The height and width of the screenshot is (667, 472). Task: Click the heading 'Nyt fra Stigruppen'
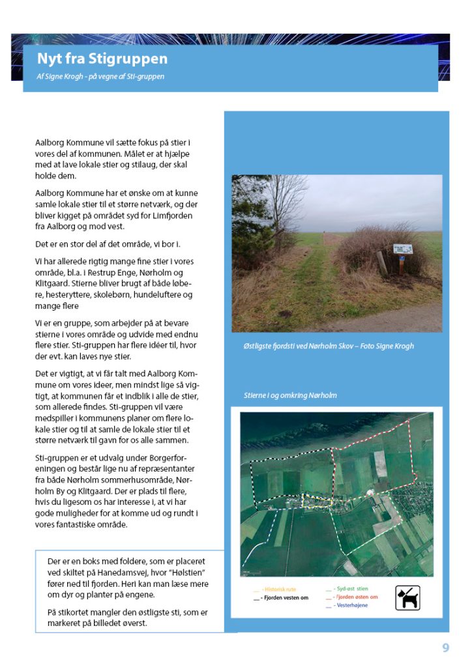pyautogui.click(x=102, y=59)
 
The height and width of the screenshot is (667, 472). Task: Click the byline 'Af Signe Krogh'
pyautogui.click(x=59, y=77)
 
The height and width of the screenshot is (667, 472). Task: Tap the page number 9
pyautogui.click(x=446, y=647)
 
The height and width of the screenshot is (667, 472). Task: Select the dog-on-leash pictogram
pyautogui.click(x=407, y=597)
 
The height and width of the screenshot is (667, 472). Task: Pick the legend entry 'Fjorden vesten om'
pyautogui.click(x=284, y=598)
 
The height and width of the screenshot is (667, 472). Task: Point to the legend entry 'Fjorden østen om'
pyautogui.click(x=356, y=597)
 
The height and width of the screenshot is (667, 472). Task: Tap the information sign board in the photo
pyautogui.click(x=403, y=249)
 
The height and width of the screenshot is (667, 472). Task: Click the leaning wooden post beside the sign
pyautogui.click(x=382, y=263)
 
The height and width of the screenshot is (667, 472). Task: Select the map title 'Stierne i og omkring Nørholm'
pyautogui.click(x=290, y=395)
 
